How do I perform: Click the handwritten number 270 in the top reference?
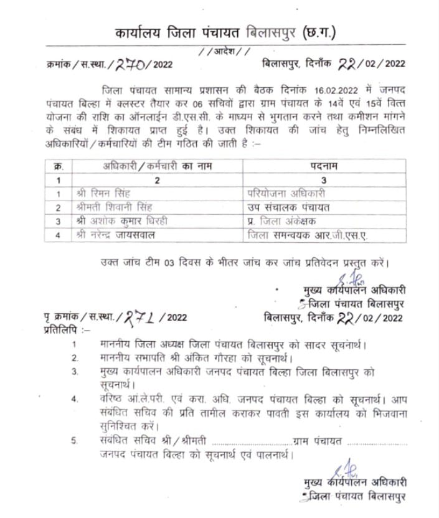pyautogui.click(x=128, y=63)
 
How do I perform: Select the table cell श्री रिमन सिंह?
pyautogui.click(x=113, y=194)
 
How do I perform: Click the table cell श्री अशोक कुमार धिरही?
pyautogui.click(x=130, y=222)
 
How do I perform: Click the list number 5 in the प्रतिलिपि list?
pyautogui.click(x=74, y=441)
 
